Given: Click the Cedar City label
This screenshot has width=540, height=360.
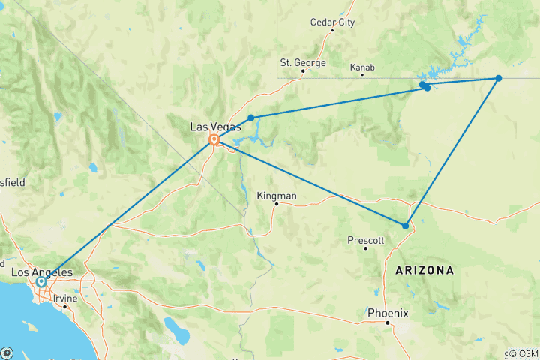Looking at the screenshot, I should click(x=332, y=22).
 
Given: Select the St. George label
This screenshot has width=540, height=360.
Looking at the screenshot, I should click(x=302, y=62).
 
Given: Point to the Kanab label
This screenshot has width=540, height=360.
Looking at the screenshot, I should click(x=362, y=67).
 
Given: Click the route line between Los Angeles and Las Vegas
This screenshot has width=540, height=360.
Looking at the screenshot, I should click(x=127, y=210).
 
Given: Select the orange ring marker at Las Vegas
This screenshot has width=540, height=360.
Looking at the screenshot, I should click(x=214, y=139).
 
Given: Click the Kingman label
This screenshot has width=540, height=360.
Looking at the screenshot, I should click(x=277, y=196).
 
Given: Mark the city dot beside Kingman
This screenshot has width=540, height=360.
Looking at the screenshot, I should click(x=276, y=204).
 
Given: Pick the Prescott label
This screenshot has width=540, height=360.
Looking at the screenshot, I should click(x=365, y=240).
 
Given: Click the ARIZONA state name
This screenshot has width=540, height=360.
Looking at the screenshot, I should click(x=419, y=269).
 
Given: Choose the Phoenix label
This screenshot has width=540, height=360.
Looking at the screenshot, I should click(x=387, y=313).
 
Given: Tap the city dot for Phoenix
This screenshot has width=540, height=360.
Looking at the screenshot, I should click(x=387, y=322).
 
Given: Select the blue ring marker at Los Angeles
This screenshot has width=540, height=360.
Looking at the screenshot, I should click(x=40, y=282).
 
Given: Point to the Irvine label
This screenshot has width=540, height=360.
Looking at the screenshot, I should click(x=65, y=298).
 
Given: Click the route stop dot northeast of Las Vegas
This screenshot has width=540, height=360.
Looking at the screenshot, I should click(x=251, y=118).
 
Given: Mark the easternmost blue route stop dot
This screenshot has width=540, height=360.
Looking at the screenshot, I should click(x=498, y=78).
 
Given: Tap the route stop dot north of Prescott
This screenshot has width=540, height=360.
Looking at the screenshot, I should click(x=406, y=226).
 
